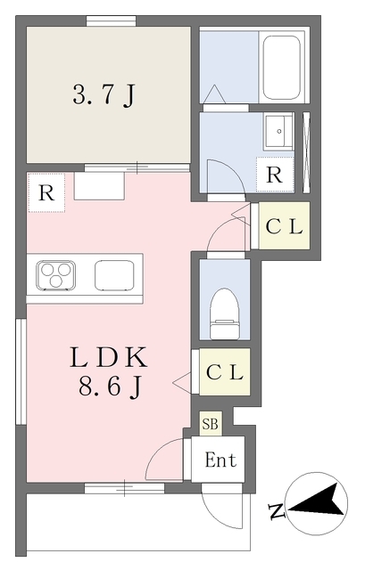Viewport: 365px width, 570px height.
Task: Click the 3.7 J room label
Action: coord(104,95)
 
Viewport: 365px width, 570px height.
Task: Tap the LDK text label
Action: coord(108,357)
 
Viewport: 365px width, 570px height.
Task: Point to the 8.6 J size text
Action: coord(109,387)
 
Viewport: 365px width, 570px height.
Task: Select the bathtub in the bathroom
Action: coord(282,68)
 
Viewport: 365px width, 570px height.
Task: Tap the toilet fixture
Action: coord(225,313)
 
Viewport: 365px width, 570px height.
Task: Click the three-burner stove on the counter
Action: coord(55,276)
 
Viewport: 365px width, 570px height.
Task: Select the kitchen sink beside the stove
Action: coord(114,275)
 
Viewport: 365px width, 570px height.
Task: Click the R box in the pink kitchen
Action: coord(46,192)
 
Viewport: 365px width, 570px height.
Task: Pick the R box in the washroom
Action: coord(275,175)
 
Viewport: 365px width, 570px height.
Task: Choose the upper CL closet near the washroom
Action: coord(284,226)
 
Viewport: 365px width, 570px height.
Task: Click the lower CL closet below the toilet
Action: coord(225,372)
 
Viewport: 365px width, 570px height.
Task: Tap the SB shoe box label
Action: coord(211,424)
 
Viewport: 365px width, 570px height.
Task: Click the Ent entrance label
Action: coord(220,460)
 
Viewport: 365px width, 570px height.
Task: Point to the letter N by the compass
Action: coord(277,510)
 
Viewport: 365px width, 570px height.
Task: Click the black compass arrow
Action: coord(318,501)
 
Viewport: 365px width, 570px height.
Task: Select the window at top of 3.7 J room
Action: coord(111,20)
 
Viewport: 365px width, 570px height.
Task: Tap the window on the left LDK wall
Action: coord(21,371)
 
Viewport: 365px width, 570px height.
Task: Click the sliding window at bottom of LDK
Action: coord(125,488)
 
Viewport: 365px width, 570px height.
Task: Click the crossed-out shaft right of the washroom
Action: coord(306,152)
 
